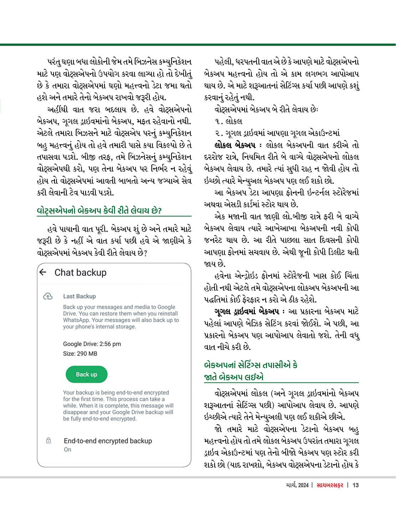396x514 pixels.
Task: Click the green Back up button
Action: click(86, 375)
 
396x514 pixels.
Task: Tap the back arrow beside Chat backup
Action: click(43, 273)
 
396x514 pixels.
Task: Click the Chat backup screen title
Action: click(81, 273)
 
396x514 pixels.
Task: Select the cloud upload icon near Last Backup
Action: click(48, 296)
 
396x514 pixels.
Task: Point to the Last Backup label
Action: click(79, 296)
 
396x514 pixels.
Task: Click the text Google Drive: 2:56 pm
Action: click(92, 344)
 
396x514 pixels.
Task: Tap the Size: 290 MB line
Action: click(80, 354)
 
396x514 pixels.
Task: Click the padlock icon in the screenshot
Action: click(48, 441)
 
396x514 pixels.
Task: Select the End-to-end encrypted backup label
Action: click(108, 441)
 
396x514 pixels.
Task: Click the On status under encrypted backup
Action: click(67, 449)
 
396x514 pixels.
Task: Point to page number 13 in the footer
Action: click(355, 485)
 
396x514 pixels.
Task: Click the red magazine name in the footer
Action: click(330, 485)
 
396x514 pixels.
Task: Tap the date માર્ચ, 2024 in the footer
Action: click(297, 485)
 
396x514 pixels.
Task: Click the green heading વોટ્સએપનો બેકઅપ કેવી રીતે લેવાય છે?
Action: click(99, 210)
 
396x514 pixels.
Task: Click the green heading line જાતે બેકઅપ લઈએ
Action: click(234, 377)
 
